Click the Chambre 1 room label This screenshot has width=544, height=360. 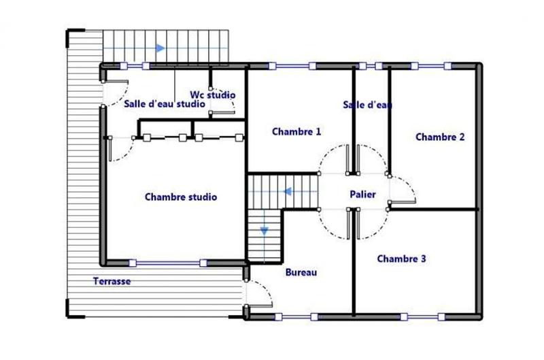(296, 131)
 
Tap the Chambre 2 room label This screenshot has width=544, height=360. (440, 137)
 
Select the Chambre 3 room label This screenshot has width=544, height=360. (402, 259)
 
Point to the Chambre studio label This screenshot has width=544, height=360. (181, 197)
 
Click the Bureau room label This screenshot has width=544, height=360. (301, 272)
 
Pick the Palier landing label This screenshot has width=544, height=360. (363, 194)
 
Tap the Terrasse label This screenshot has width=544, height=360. (112, 280)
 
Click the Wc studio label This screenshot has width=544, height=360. (212, 94)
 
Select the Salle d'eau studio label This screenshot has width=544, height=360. (164, 104)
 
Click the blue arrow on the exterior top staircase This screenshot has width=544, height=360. (160, 48)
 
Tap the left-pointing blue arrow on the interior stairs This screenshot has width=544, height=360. (288, 192)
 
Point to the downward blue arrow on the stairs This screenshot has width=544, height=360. (264, 231)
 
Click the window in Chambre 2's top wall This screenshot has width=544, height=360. (429, 67)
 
